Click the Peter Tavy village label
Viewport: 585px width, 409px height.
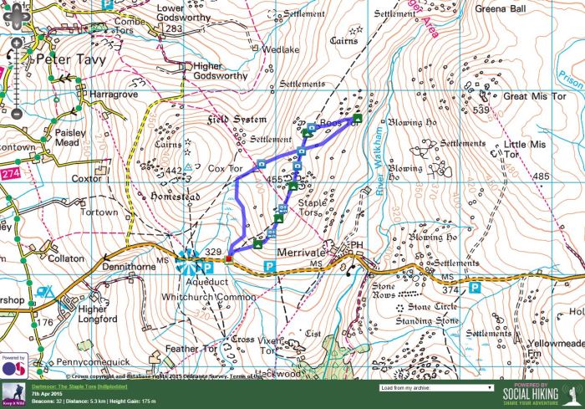[x=70, y=59]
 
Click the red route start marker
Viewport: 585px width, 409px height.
[x=228, y=259]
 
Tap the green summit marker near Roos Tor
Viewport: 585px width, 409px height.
[x=357, y=119]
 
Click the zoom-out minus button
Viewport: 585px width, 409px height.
[x=15, y=113]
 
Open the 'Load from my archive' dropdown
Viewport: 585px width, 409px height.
[x=435, y=388]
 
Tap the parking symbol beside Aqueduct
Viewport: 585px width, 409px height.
[x=206, y=267]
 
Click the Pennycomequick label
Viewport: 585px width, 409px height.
[x=93, y=362]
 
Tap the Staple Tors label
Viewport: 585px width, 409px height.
[x=313, y=207]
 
